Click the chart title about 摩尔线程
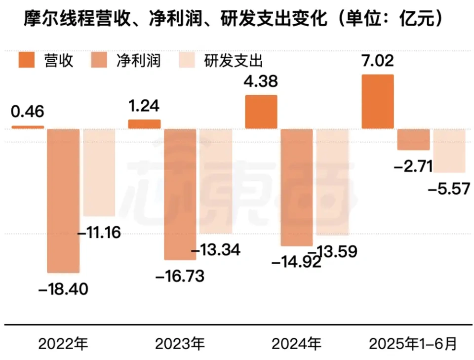pos(232,19)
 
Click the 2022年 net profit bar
pos(63,200)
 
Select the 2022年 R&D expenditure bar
pos(99,172)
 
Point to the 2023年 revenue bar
pos(144,124)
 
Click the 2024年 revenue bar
pos(261,112)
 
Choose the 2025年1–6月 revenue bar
pos(378,102)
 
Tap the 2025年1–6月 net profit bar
pos(414,139)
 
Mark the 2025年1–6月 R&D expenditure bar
pos(449,151)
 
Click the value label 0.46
pos(28,111)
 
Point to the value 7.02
pos(378,61)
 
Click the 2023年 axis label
pos(179,343)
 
